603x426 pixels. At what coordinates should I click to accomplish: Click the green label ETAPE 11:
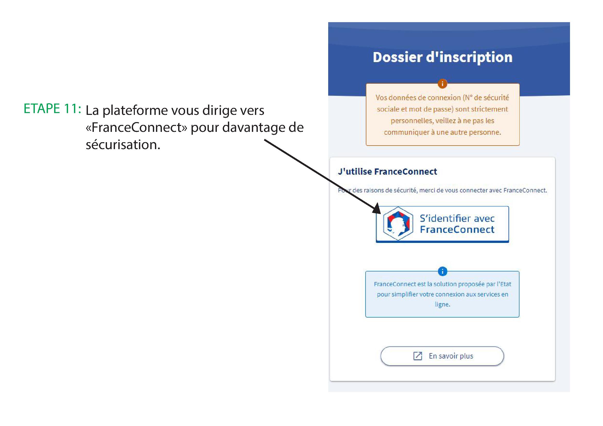pos(52,108)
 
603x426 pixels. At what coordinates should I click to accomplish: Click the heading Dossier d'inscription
pos(442,57)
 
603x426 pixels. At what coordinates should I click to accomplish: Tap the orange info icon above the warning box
pos(442,84)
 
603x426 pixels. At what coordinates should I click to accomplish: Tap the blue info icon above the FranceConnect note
pos(442,271)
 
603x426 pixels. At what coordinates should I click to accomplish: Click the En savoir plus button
pos(442,356)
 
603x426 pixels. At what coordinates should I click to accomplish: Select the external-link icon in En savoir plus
pos(418,356)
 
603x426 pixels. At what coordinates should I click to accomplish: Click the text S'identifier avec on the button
pos(457,218)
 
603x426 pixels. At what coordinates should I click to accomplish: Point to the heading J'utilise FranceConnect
pos(387,172)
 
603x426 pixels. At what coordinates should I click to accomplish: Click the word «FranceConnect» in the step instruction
pos(137,127)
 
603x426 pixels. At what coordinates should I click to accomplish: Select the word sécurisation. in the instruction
pos(123,144)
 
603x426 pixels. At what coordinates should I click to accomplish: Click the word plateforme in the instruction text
pos(135,110)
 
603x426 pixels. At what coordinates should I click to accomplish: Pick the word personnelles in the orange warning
pos(411,121)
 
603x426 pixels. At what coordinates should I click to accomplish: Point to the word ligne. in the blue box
pos(442,304)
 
